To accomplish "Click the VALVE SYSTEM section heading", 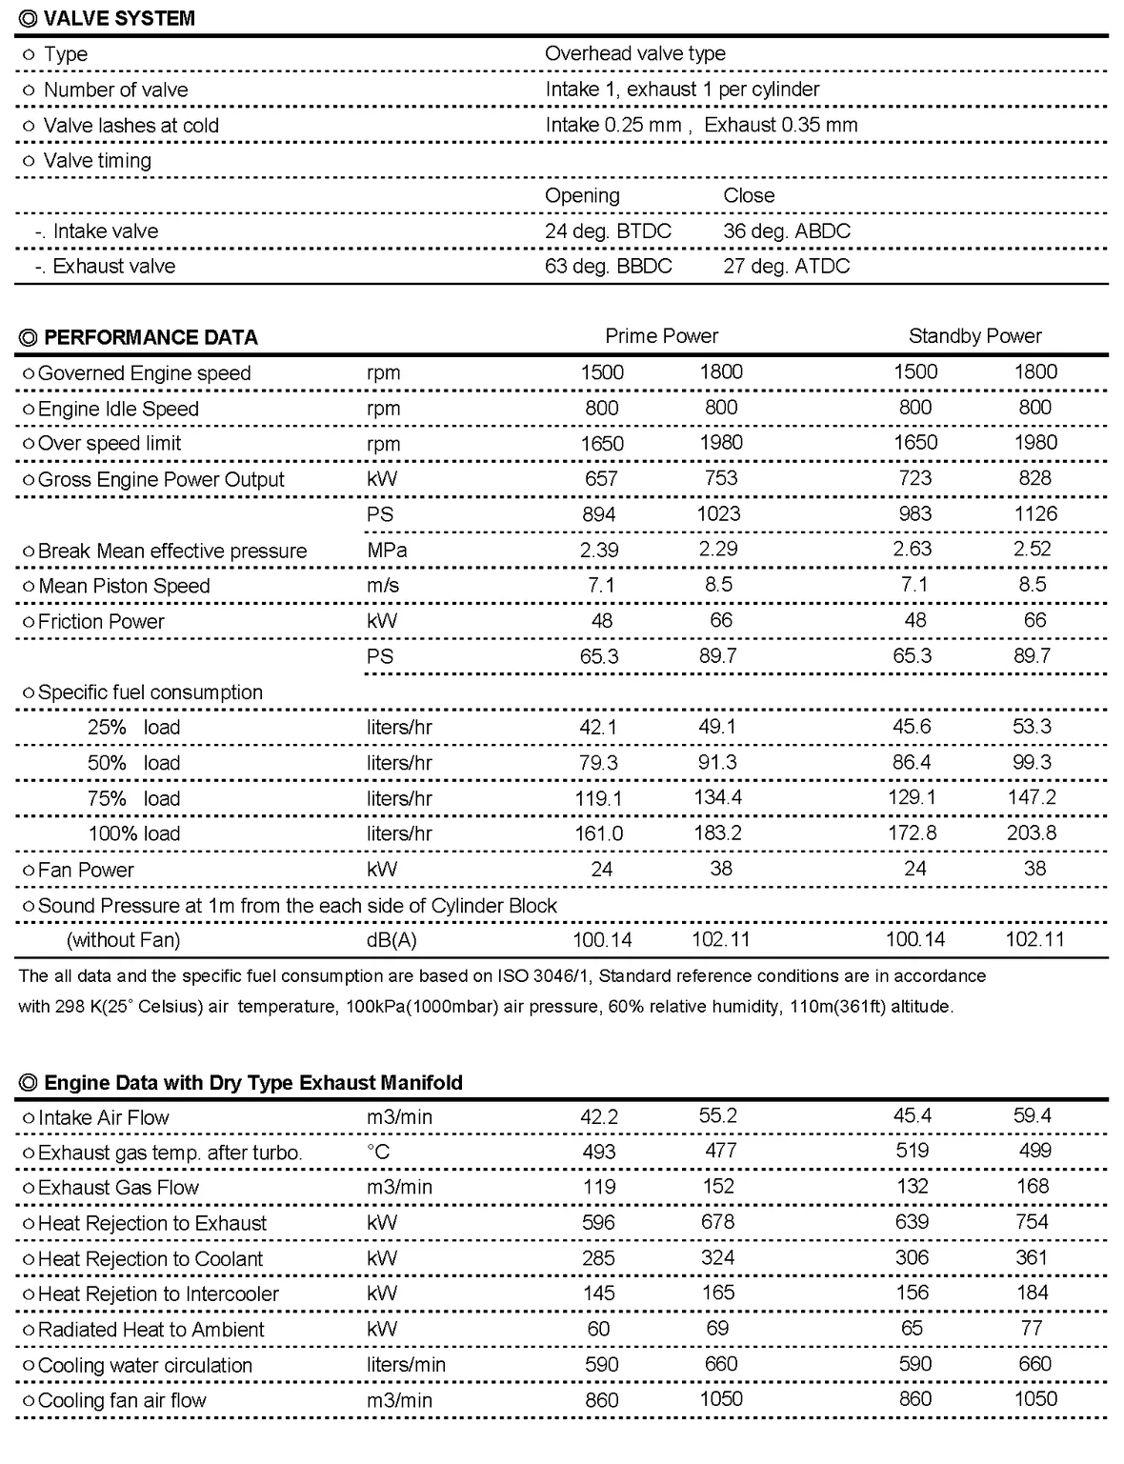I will pos(119,18).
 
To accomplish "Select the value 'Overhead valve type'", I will pos(635,54).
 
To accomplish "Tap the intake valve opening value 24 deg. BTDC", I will pos(608,231).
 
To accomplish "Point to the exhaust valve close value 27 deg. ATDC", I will pos(786,267).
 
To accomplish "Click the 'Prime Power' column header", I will pos(661,336).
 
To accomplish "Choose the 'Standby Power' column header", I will pos(974,336).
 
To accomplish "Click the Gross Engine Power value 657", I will pos(601,479).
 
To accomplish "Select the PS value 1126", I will pos(1035,514).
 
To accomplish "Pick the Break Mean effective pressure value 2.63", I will pos(914,550).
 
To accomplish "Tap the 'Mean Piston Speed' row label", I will pos(124,587).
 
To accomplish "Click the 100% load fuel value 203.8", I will pos(1032,833).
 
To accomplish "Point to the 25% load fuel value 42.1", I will pos(598,728).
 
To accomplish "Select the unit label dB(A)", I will pos(391,940).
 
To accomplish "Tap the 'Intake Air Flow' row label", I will pos(103,1118).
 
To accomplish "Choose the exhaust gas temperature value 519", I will pos(913,1152).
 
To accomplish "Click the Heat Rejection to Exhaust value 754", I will pos(1032,1222).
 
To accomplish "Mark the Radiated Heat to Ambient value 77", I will pos(1032,1329).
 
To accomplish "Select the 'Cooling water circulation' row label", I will pos(145,1366).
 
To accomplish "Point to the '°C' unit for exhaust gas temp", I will pos(378,1153).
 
